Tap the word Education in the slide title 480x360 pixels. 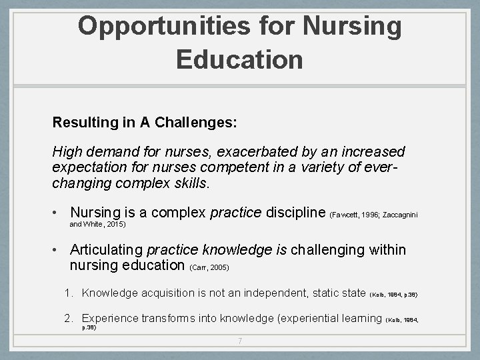[239, 59]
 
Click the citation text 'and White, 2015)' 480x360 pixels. [98, 225]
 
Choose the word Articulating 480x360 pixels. [107, 250]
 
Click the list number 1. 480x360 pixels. [68, 293]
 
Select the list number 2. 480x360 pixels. [68, 319]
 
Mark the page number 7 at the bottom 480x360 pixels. [240, 342]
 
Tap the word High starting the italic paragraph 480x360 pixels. [67, 152]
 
